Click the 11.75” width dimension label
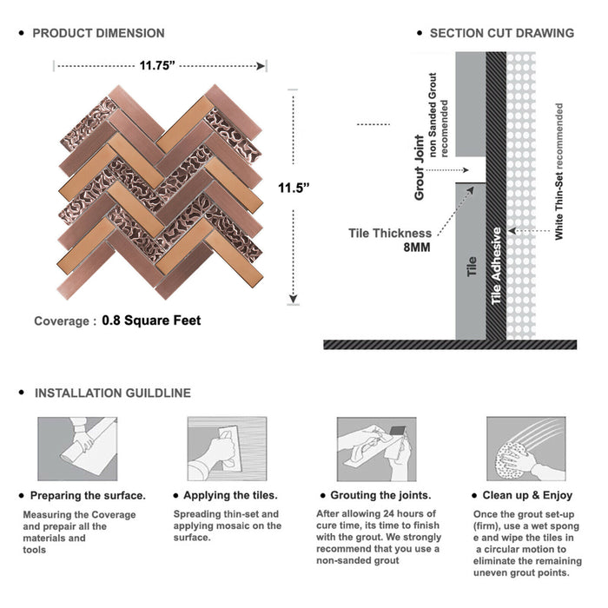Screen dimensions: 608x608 (157, 65)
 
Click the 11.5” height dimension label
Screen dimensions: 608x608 (294, 188)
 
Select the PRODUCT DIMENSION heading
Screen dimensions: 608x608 (98, 33)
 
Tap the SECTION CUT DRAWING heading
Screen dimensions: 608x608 (502, 33)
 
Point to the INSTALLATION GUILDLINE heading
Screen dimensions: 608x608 (113, 393)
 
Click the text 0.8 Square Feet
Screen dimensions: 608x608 (151, 321)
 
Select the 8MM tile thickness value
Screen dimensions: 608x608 (417, 248)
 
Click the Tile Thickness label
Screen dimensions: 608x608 (390, 233)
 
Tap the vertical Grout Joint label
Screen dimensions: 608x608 (420, 168)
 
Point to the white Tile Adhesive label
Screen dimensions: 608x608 (496, 266)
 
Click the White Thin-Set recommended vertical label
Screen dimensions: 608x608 (558, 171)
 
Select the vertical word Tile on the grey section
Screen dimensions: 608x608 (471, 267)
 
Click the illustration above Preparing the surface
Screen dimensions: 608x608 (77, 449)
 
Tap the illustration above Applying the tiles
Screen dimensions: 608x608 (228, 449)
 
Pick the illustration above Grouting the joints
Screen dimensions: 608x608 (376, 449)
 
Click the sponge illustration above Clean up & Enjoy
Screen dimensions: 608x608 (526, 449)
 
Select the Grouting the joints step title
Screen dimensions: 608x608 (380, 495)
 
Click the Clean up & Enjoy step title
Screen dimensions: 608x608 (527, 495)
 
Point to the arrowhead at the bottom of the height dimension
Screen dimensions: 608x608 (294, 299)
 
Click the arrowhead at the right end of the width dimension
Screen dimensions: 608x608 (261, 66)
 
